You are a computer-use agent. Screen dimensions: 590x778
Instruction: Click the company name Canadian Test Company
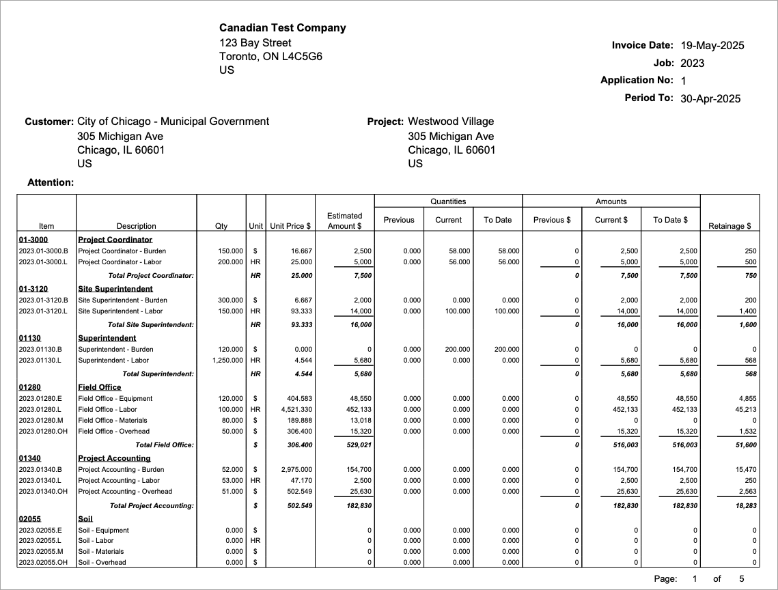pos(282,28)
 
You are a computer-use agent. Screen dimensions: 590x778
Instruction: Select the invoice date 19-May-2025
pos(712,46)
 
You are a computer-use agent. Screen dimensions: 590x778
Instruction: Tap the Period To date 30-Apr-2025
pos(710,98)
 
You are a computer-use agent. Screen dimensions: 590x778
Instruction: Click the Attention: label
pos(51,182)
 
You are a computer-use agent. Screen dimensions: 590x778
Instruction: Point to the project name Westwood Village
pos(450,122)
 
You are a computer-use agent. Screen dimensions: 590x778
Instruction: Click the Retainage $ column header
pos(730,226)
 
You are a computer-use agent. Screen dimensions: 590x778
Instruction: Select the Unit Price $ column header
pos(290,226)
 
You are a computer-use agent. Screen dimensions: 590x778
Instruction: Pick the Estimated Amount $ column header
pos(344,221)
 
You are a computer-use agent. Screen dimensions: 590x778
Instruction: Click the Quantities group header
pos(448,201)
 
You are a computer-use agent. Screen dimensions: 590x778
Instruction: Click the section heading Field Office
pos(99,387)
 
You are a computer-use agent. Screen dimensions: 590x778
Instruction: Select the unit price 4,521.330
pos(292,410)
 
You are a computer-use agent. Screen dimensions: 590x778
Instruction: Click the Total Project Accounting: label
pos(152,505)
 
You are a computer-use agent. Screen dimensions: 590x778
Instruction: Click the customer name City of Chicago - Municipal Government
pos(173,122)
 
